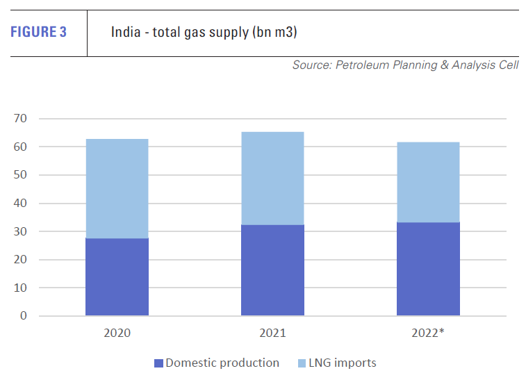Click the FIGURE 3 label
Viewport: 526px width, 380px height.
38,32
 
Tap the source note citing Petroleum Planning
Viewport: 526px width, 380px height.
405,65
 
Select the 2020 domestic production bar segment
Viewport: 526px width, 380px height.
117,276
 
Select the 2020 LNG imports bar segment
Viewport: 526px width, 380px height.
117,188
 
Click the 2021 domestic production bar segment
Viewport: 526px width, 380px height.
272,270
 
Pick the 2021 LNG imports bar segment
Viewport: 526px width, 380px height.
272,178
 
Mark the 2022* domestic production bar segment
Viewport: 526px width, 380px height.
428,268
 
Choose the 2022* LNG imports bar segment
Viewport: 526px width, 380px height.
428,182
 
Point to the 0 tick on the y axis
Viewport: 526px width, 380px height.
24,316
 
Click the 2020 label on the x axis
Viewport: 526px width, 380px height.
117,333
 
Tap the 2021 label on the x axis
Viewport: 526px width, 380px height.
272,333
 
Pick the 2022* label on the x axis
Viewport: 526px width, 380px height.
429,333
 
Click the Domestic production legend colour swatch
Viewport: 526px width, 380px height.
159,363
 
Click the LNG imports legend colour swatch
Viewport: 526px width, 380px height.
301,363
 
